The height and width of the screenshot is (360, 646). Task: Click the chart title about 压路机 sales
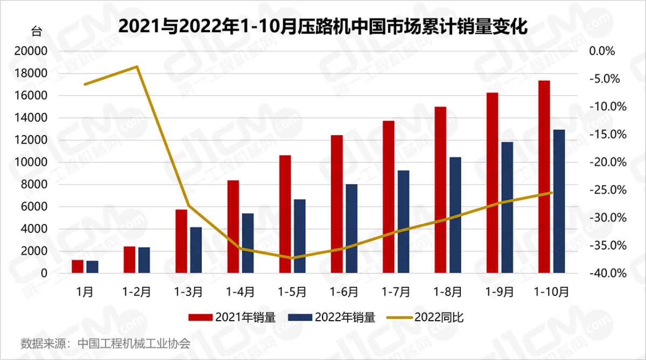pyautogui.click(x=322, y=25)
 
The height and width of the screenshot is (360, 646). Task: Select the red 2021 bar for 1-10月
pyautogui.click(x=544, y=177)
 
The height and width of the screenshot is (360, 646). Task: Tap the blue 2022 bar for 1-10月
pyautogui.click(x=559, y=201)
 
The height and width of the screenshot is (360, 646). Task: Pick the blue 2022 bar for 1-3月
pyautogui.click(x=196, y=250)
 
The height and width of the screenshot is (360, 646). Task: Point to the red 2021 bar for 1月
pyautogui.click(x=78, y=267)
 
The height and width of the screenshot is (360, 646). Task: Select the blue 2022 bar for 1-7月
pyautogui.click(x=403, y=222)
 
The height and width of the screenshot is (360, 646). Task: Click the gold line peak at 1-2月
pyautogui.click(x=137, y=67)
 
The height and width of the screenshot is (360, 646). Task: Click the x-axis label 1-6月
pyautogui.click(x=344, y=292)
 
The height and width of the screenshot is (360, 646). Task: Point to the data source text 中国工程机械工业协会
pyautogui.click(x=134, y=343)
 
